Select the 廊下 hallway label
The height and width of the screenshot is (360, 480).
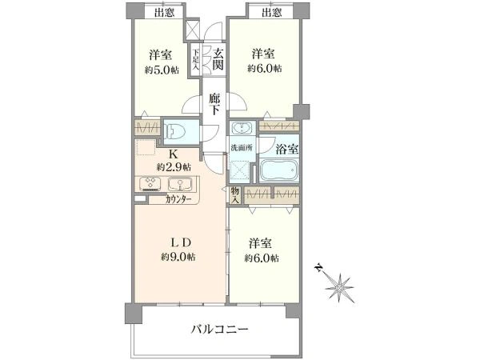tap(214, 105)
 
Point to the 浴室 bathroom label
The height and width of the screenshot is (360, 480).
tap(287, 148)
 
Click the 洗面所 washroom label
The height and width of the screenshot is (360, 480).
tap(241, 149)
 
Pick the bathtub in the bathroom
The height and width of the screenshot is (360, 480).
tap(278, 170)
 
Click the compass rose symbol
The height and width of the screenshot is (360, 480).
tap(341, 285)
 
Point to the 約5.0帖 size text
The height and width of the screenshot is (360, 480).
tap(158, 69)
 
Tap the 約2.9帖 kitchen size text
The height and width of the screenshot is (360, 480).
tap(173, 166)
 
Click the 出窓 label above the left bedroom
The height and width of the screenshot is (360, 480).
tap(164, 11)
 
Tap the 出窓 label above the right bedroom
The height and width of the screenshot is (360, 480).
tap(270, 11)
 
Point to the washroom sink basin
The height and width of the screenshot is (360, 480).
tap(239, 129)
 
